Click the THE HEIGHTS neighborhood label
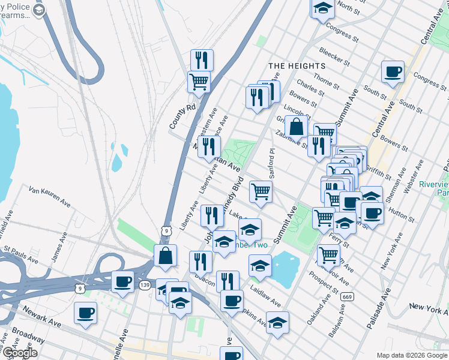(x=297, y=65)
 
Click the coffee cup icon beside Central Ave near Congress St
(x=393, y=72)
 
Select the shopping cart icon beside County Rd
(x=199, y=82)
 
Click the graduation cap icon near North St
(x=322, y=8)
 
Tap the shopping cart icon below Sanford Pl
(x=261, y=191)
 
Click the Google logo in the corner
(x=19, y=353)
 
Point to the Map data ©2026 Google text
(x=412, y=355)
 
